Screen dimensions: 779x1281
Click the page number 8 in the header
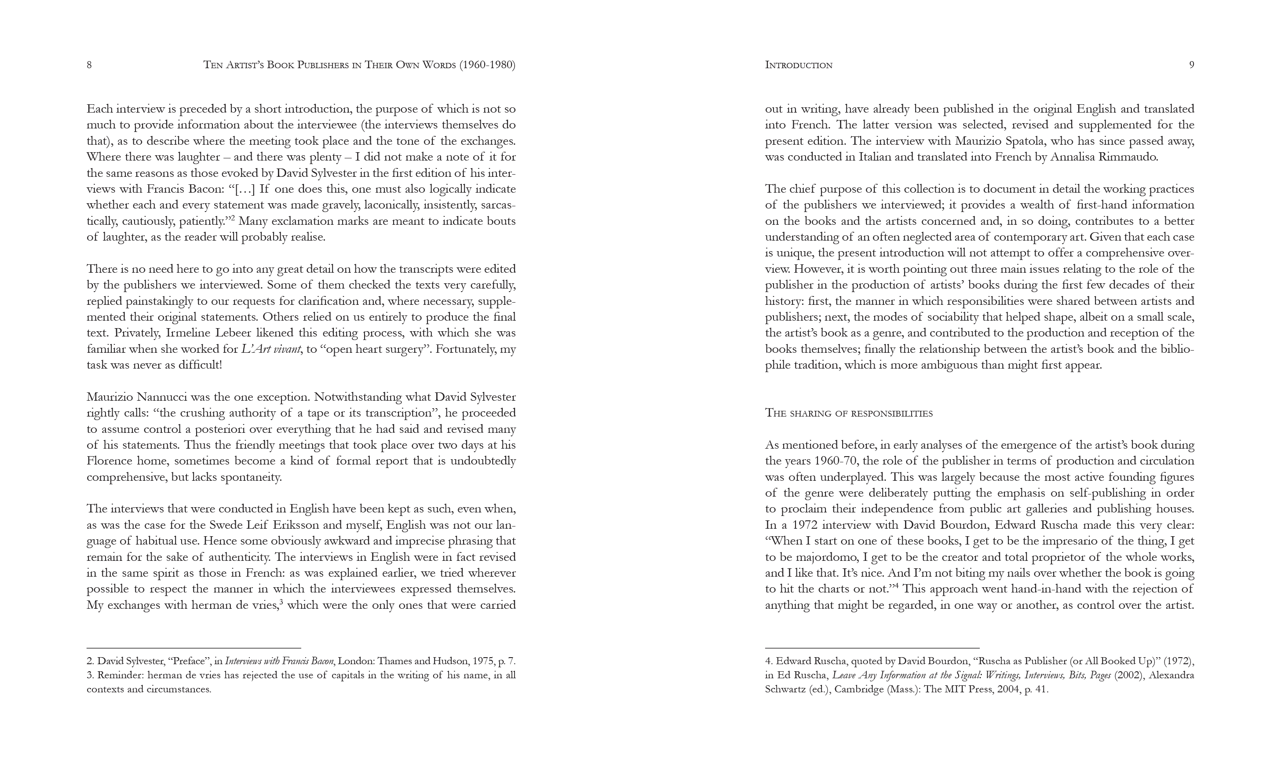click(x=89, y=65)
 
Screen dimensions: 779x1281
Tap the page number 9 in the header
click(x=1192, y=65)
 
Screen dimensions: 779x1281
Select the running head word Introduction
click(x=799, y=65)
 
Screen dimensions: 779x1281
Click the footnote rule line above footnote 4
click(x=872, y=648)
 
